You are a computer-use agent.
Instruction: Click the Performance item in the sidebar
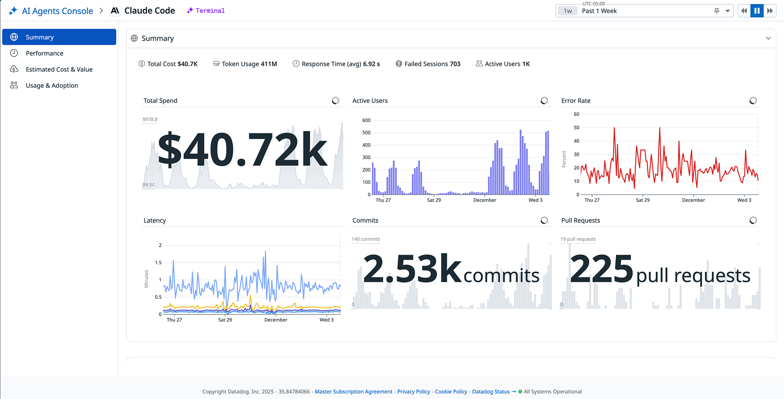pos(44,53)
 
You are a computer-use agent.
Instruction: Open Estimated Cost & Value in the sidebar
pos(59,69)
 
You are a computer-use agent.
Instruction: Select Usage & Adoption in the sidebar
pos(52,85)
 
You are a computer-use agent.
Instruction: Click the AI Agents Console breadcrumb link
pos(57,11)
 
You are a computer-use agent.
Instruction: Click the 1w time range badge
pos(568,11)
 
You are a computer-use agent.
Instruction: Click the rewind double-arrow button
pos(744,11)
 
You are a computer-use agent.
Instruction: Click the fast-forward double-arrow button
pos(770,11)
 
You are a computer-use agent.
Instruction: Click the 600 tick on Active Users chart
pos(366,120)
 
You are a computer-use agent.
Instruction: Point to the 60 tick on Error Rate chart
pos(576,114)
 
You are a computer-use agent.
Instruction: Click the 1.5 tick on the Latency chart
pos(158,262)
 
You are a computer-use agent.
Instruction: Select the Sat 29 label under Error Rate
pos(642,200)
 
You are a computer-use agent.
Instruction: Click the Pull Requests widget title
pos(580,220)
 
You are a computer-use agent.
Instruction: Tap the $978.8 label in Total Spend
pos(150,119)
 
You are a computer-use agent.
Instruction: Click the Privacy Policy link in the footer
pos(413,391)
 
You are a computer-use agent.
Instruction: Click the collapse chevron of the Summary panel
pos(768,38)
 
